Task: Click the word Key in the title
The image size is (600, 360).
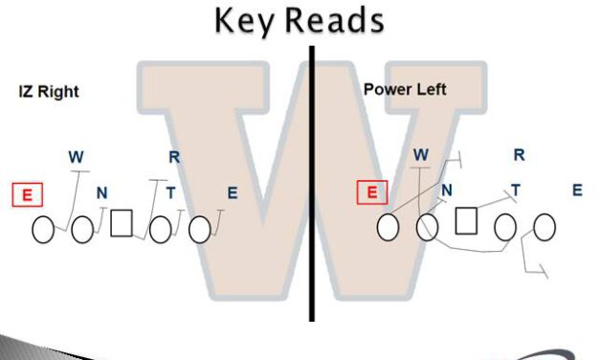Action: (245, 19)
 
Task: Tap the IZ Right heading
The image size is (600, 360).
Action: (49, 92)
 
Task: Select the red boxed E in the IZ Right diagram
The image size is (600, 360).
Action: (28, 195)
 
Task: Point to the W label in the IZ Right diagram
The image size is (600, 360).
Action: (76, 156)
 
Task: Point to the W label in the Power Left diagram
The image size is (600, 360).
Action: (421, 154)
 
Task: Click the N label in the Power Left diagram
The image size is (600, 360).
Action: (447, 191)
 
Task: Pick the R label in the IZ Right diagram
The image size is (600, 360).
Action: (174, 156)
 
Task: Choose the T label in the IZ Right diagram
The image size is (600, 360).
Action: (170, 194)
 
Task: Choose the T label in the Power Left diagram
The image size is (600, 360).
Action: (516, 191)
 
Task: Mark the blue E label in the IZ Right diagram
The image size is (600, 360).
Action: (232, 193)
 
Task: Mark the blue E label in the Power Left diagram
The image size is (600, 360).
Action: (577, 190)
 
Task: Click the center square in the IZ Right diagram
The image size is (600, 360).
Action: (121, 223)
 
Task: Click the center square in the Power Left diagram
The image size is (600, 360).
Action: (466, 221)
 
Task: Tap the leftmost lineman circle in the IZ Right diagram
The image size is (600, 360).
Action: (43, 230)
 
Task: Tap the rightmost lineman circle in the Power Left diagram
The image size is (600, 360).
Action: (544, 227)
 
